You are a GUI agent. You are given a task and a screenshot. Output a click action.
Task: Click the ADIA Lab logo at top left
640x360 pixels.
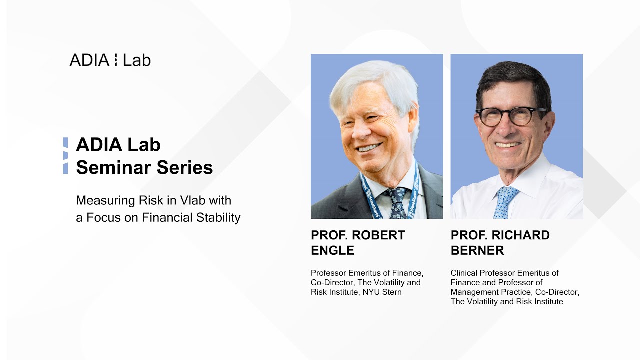click(x=110, y=60)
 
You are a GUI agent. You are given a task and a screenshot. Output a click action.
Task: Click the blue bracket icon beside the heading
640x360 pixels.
click(x=65, y=156)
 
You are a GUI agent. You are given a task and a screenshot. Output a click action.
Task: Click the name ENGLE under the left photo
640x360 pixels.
click(x=332, y=251)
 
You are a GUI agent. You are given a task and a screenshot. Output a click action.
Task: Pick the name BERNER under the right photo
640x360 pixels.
click(x=477, y=251)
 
